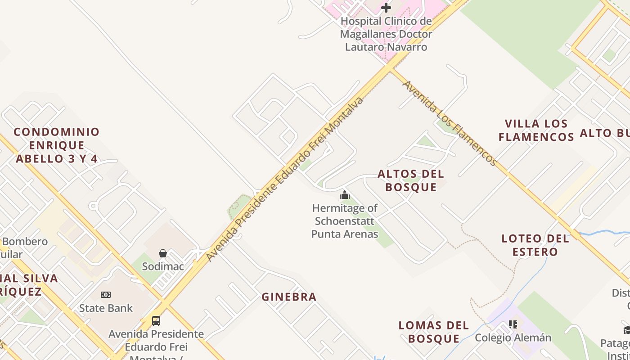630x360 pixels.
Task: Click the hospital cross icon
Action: pyautogui.click(x=386, y=8)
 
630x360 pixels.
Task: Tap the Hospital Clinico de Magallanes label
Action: pyautogui.click(x=386, y=34)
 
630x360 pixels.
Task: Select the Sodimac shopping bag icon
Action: pyautogui.click(x=163, y=253)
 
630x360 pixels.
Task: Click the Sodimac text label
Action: pyautogui.click(x=163, y=266)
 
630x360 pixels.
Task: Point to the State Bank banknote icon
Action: pyautogui.click(x=106, y=295)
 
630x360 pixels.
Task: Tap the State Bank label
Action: pyautogui.click(x=106, y=308)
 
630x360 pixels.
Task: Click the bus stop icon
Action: pyautogui.click(x=156, y=321)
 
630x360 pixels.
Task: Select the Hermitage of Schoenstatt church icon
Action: pyautogui.click(x=345, y=195)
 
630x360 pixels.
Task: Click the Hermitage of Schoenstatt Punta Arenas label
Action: pyautogui.click(x=345, y=221)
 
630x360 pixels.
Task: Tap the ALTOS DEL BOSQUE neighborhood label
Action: pyautogui.click(x=411, y=180)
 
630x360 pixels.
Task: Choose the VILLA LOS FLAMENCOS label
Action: pyautogui.click(x=536, y=130)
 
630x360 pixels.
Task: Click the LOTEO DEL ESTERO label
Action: pyautogui.click(x=535, y=245)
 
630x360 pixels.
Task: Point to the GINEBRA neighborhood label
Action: pyautogui.click(x=289, y=297)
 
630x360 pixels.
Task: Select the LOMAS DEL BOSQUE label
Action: pyautogui.click(x=434, y=332)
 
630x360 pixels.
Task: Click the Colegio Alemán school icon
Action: pyautogui.click(x=513, y=324)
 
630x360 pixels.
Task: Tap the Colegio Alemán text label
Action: pyautogui.click(x=513, y=337)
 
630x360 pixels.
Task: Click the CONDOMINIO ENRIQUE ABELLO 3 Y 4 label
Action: pyautogui.click(x=57, y=145)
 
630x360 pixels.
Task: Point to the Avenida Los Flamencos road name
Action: pyautogui.click(x=449, y=123)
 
